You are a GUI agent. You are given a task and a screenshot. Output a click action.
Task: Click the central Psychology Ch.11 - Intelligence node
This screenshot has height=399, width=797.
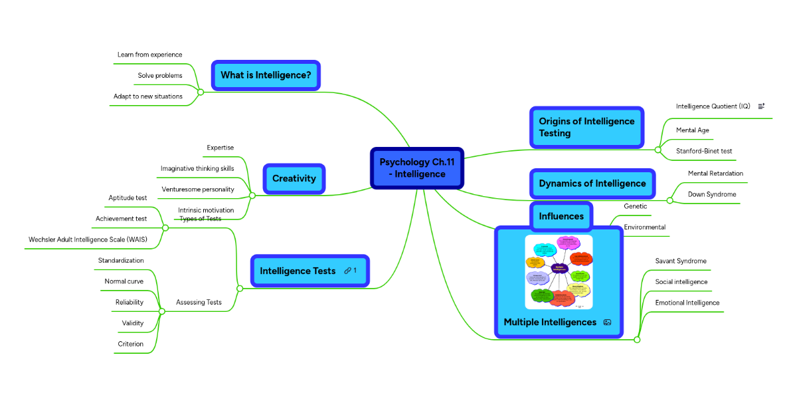pos(416,168)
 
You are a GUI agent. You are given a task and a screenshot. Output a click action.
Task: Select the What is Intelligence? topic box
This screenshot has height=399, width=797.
pos(266,75)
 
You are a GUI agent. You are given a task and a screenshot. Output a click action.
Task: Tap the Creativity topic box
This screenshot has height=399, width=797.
pos(294,178)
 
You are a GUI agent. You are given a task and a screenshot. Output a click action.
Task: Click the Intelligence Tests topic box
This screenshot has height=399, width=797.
pos(298,271)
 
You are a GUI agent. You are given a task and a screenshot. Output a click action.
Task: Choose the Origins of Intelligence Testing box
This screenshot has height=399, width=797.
pos(586,127)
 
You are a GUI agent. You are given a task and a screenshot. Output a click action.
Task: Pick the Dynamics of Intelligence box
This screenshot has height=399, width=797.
pos(592,184)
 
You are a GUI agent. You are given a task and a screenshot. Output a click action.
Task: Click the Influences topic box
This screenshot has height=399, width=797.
pos(561,216)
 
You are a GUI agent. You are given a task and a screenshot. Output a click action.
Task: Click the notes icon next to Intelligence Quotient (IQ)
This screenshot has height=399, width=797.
pos(761,106)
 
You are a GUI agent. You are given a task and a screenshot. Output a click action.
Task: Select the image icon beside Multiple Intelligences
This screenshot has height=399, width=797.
pos(607,323)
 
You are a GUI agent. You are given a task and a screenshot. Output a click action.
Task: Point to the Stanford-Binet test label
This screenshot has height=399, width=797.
pos(704,151)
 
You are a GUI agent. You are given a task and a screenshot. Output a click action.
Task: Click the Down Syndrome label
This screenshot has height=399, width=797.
pos(712,194)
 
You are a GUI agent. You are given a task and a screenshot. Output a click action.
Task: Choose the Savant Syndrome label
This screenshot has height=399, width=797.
pos(681,261)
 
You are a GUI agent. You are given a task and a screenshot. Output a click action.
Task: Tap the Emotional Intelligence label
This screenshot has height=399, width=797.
pos(687,303)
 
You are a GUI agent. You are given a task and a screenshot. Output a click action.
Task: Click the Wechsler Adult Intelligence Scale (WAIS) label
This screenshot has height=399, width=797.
pos(88,239)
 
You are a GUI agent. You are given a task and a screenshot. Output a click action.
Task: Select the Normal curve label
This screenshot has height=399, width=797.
pos(124,281)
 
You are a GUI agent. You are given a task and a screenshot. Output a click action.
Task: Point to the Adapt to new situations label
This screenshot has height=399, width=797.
pos(147,96)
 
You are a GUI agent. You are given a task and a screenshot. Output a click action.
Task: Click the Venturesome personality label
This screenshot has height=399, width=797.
pos(198,190)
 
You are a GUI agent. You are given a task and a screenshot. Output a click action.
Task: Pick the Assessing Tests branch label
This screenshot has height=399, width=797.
pos(199,303)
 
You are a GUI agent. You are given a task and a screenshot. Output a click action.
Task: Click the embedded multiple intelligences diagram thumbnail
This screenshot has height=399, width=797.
pos(559,271)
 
